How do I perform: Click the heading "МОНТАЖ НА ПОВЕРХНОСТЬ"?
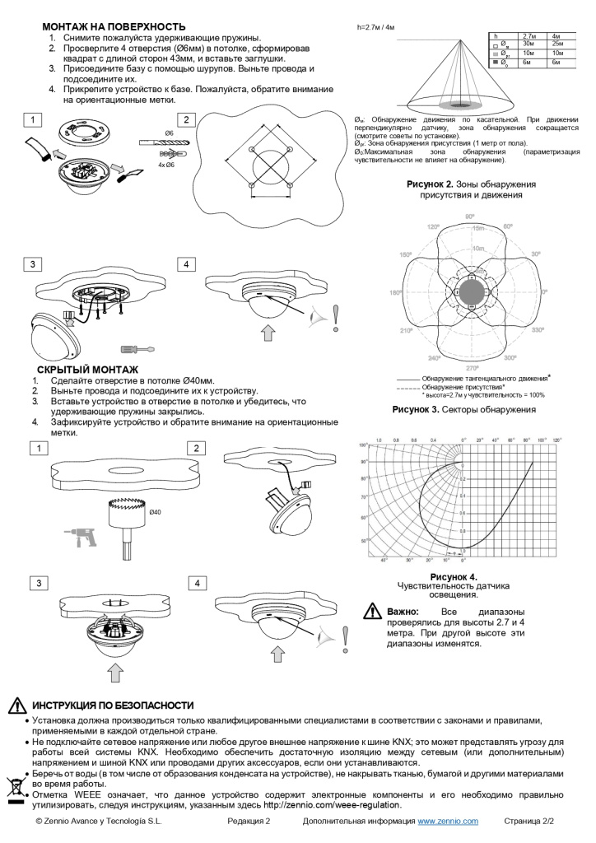click(x=113, y=27)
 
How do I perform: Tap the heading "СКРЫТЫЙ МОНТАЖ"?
click(x=87, y=370)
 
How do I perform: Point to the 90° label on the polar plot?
click(x=470, y=217)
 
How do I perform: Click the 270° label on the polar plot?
click(x=471, y=367)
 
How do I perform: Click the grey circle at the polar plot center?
click(x=470, y=291)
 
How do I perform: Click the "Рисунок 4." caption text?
click(x=454, y=576)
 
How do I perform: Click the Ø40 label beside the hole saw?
click(x=156, y=512)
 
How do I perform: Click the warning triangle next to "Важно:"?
click(x=371, y=612)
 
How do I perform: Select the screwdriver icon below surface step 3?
click(x=137, y=348)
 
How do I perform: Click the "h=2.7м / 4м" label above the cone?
click(x=375, y=28)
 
